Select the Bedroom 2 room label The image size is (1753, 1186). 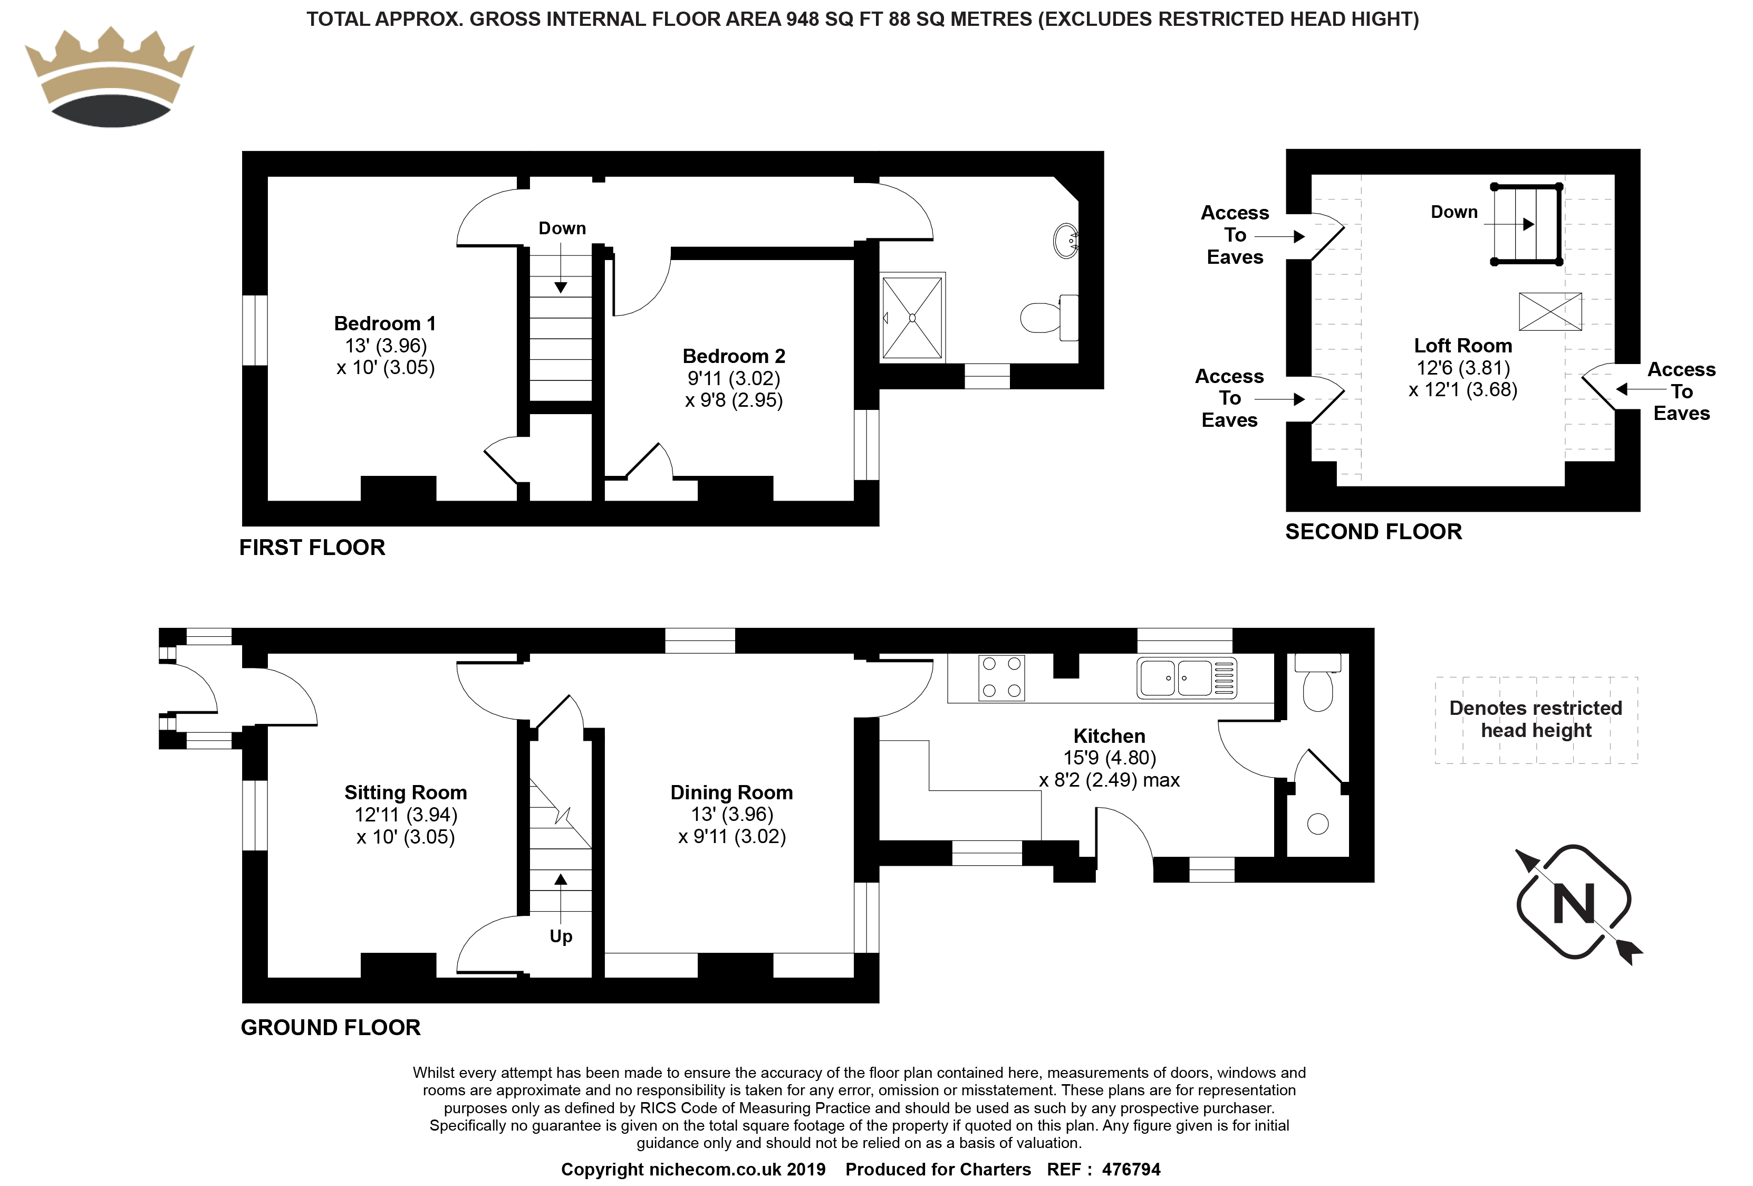[734, 356]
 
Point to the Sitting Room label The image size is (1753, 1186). [406, 793]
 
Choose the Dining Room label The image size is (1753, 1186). [731, 793]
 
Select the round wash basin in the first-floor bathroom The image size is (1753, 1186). [1066, 241]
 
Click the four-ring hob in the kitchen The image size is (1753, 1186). [1001, 677]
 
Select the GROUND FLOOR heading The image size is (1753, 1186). [330, 1028]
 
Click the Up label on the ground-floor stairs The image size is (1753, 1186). [561, 936]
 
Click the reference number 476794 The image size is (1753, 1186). [1131, 1170]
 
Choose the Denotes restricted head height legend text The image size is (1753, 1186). [1536, 719]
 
